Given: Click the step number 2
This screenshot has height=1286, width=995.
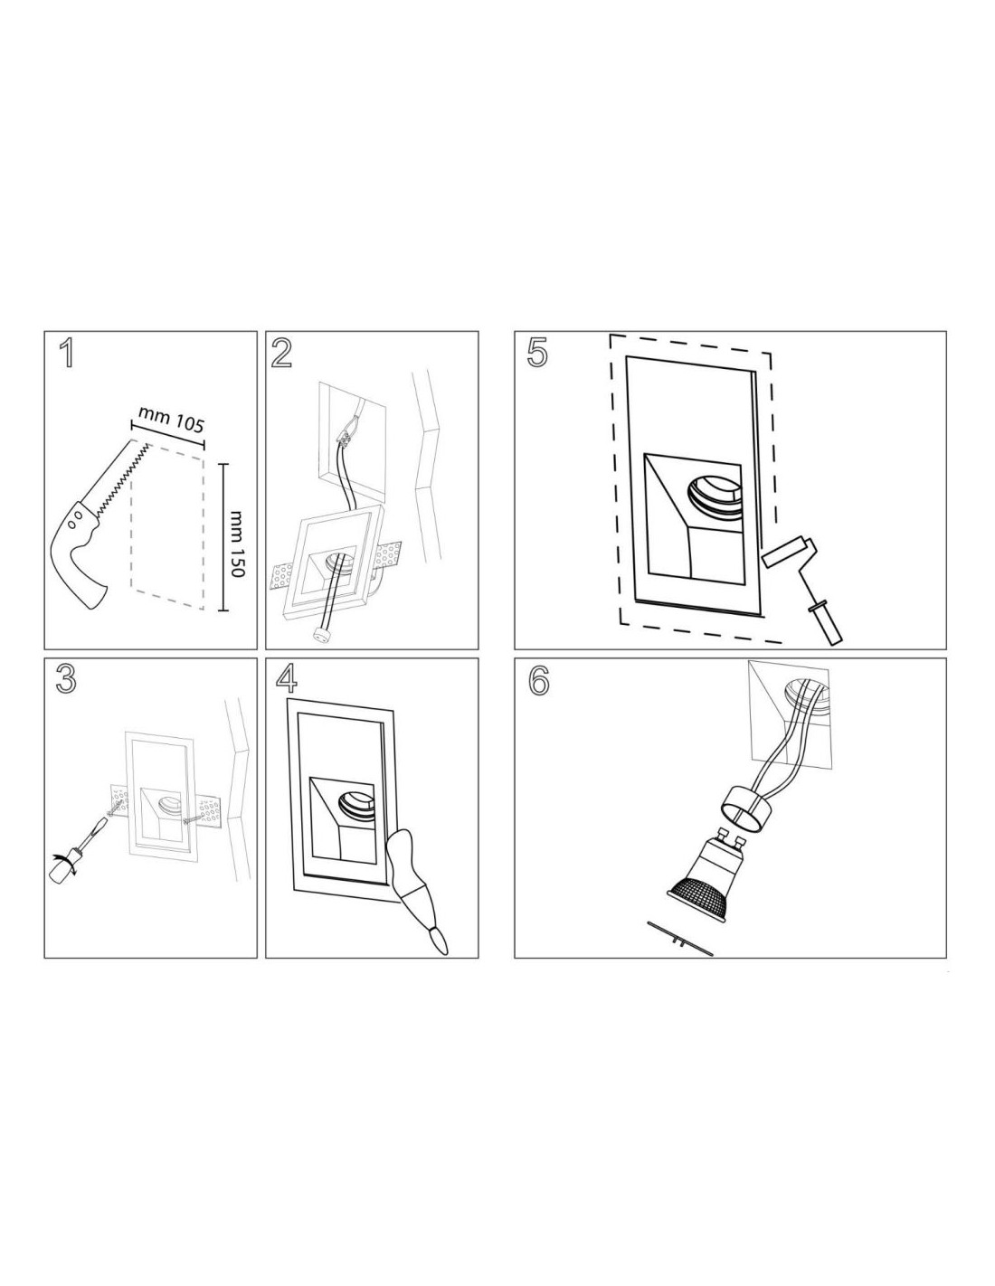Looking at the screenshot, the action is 281,354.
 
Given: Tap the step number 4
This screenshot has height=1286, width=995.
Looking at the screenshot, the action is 287,681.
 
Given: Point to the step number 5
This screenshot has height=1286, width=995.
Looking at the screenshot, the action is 537,354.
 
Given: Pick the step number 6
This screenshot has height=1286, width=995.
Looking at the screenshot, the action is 537,681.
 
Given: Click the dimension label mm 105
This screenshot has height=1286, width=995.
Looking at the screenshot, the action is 171,419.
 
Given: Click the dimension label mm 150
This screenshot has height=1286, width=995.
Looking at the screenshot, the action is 238,544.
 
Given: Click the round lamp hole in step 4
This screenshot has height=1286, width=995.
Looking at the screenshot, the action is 356,806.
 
